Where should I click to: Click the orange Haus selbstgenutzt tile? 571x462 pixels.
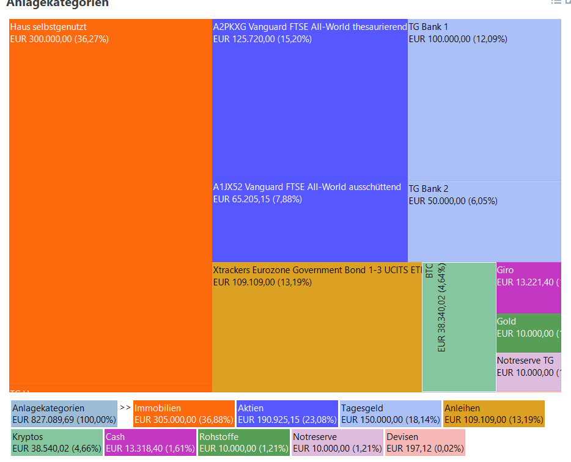coord(110,208)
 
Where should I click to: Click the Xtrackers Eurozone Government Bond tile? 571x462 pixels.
coord(317,330)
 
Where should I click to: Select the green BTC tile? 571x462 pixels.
coord(459,327)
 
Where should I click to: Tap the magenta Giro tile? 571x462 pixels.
coord(528,288)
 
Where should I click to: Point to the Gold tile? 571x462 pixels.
coord(528,333)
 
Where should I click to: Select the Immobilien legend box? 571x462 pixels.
coord(184,414)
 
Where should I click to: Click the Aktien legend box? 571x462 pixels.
coord(287,414)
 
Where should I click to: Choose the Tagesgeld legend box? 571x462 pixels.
coord(390,414)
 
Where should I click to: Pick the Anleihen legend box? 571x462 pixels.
coord(493,414)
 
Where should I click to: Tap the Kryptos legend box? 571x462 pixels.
coord(57,442)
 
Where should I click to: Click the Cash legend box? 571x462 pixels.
coord(150,442)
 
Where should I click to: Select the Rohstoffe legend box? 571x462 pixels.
coord(243,442)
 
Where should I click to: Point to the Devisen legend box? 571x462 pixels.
coord(425,442)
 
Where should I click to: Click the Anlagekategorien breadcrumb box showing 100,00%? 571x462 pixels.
coord(64,414)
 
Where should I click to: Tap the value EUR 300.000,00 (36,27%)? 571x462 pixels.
coord(59,39)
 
